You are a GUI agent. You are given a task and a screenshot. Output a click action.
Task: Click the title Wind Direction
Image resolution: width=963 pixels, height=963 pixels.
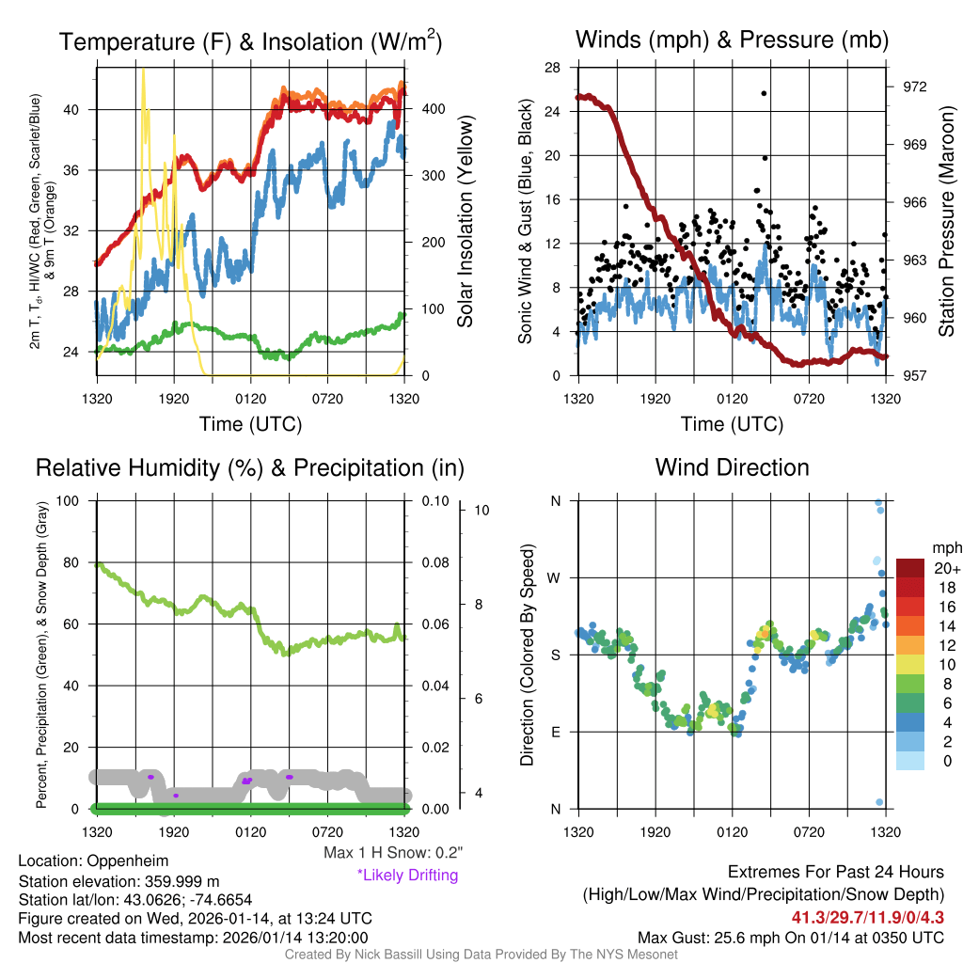pyautogui.click(x=732, y=467)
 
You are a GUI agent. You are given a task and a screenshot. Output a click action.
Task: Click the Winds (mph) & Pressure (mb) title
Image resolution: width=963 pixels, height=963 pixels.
pyautogui.click(x=732, y=40)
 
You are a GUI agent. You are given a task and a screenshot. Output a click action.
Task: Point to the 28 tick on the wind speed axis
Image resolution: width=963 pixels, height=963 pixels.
pyautogui.click(x=552, y=67)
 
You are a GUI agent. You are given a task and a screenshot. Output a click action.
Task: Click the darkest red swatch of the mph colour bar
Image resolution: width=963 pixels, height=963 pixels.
pyautogui.click(x=911, y=568)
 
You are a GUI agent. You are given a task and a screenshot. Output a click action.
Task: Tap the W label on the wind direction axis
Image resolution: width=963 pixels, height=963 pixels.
pyautogui.click(x=555, y=577)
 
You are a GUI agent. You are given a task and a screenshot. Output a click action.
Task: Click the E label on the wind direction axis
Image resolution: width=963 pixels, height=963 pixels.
pyautogui.click(x=555, y=732)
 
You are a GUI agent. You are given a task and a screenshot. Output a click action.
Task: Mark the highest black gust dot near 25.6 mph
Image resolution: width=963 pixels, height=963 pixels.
pyautogui.click(x=764, y=93)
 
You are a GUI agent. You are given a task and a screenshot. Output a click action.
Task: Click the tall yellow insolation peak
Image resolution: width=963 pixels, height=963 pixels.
pyautogui.click(x=143, y=73)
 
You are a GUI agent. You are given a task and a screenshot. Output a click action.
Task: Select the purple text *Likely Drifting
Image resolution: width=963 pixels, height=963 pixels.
pyautogui.click(x=407, y=876)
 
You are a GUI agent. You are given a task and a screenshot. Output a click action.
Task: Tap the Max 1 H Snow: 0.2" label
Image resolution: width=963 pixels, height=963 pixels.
pyautogui.click(x=392, y=853)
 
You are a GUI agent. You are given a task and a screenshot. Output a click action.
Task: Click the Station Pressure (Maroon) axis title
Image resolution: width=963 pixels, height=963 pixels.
pyautogui.click(x=946, y=221)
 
